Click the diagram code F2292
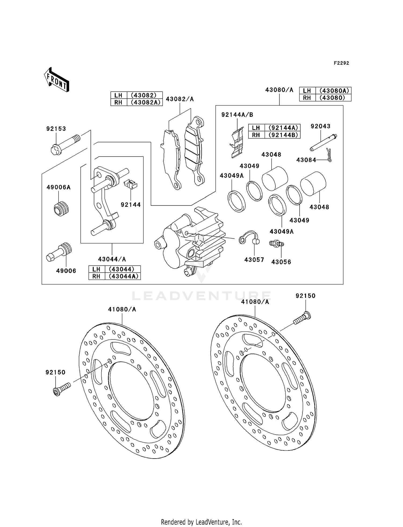coord(341,63)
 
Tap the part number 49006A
coord(59,187)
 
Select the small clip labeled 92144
coord(131,184)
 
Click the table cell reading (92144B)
coord(283,135)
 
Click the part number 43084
coord(306,160)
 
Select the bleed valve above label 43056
coord(276,244)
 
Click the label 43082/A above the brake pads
coord(180,99)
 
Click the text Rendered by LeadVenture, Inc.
coord(201,522)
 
